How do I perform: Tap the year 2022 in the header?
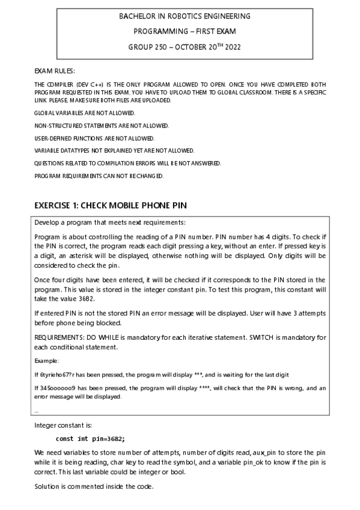click(232, 47)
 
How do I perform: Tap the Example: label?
click(47, 361)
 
